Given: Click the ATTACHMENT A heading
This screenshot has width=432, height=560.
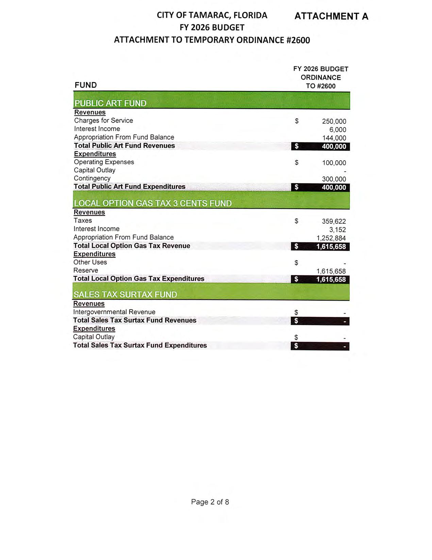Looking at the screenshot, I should [x=331, y=16].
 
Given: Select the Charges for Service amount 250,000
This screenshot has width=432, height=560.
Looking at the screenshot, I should [x=334, y=122].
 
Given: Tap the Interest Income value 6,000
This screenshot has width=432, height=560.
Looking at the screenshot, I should [x=337, y=130].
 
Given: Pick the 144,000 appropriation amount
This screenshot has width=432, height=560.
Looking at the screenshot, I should [x=334, y=138].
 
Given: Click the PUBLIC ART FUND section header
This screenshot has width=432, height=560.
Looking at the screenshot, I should [x=110, y=103].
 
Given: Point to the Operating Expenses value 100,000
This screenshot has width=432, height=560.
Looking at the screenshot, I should [x=334, y=163].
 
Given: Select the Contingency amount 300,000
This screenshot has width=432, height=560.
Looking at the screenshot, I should [x=334, y=179].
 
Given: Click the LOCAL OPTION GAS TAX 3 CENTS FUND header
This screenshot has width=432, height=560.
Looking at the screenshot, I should [x=152, y=203].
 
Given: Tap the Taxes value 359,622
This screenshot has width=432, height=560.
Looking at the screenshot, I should [x=334, y=221].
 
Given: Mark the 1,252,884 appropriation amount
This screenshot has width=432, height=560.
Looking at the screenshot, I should [x=331, y=238].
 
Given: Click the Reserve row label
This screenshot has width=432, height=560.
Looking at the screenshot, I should [x=86, y=270].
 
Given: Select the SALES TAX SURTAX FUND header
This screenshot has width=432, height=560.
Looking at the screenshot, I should [x=125, y=294].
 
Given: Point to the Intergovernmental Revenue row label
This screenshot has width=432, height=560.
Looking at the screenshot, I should [x=114, y=312].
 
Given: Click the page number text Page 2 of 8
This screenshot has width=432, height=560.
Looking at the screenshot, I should [x=210, y=502].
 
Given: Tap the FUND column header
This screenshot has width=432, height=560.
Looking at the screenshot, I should [x=86, y=85].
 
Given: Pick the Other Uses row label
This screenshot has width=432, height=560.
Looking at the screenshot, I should [x=90, y=262].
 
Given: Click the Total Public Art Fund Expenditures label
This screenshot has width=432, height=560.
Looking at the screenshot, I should [x=130, y=187].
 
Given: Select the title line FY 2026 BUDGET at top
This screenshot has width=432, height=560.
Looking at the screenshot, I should [x=212, y=27].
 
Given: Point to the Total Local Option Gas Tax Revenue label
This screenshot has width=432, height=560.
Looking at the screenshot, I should [x=132, y=246].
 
